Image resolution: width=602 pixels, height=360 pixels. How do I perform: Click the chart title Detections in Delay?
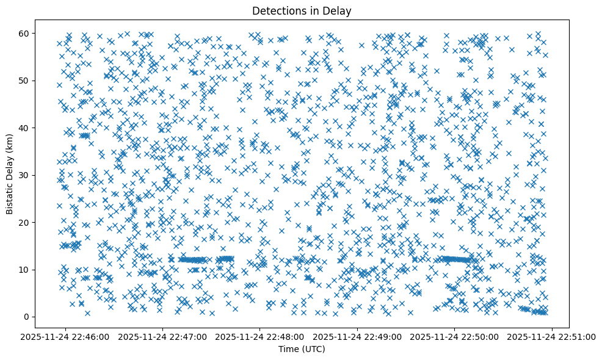click(302, 10)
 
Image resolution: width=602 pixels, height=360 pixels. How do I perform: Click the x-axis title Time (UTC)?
click(302, 349)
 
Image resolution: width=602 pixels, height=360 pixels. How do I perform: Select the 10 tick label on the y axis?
click(25, 270)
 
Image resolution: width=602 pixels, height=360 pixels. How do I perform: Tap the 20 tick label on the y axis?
click(25, 222)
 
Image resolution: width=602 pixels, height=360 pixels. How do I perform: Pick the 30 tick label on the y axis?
click(25, 175)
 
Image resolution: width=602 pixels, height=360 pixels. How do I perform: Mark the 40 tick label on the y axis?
click(25, 128)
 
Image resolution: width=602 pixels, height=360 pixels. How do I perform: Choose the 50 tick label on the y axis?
click(25, 81)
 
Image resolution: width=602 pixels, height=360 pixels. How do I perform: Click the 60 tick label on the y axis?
click(25, 33)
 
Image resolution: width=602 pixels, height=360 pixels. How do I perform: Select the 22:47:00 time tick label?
click(163, 336)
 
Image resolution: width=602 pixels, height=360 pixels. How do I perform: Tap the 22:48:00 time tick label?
click(260, 336)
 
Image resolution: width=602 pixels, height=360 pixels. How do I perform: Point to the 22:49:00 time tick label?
click(357, 336)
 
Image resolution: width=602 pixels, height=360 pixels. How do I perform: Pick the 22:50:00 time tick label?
click(454, 336)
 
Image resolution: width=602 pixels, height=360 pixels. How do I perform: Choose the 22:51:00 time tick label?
click(551, 336)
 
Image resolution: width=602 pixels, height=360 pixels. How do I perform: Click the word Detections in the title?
click(278, 10)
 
